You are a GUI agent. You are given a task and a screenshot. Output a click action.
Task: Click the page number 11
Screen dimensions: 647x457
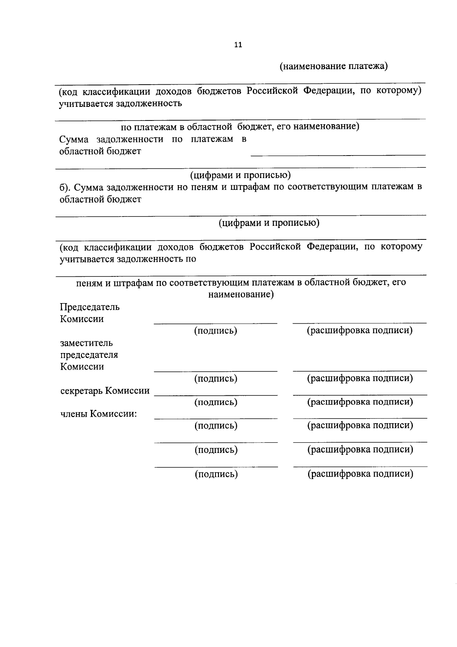pos(238,45)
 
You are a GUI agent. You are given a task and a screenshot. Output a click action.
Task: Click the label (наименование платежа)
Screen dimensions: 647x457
pos(334,66)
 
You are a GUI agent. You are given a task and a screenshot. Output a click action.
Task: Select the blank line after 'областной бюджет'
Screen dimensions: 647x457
pos(338,154)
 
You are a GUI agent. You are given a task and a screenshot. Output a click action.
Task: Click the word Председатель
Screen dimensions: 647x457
pos(89,307)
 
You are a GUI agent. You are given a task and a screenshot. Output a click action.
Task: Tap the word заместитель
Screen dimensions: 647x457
pos(86,343)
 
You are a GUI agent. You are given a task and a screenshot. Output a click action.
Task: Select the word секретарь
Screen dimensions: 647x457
pos(81,391)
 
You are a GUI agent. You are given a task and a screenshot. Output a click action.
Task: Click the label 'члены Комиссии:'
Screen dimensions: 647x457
pos(99,414)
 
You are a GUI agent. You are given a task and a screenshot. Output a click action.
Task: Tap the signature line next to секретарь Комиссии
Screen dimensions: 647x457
pos(216,395)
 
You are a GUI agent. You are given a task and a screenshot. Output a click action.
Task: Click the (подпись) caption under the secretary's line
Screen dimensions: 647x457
pos(216,402)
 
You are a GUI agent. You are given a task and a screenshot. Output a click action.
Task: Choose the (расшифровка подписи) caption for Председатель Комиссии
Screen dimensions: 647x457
pos(360,331)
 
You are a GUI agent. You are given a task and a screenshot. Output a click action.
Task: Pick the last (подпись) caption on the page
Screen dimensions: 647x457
pos(216,474)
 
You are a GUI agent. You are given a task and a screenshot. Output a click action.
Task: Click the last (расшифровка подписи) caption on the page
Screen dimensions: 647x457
pos(360,474)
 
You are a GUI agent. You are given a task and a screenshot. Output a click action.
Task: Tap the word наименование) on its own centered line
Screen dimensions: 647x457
pos(241,295)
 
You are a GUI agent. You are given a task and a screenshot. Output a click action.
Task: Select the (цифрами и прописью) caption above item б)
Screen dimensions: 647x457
pos(240,175)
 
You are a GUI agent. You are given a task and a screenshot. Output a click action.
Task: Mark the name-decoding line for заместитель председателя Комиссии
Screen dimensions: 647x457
pos(360,370)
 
